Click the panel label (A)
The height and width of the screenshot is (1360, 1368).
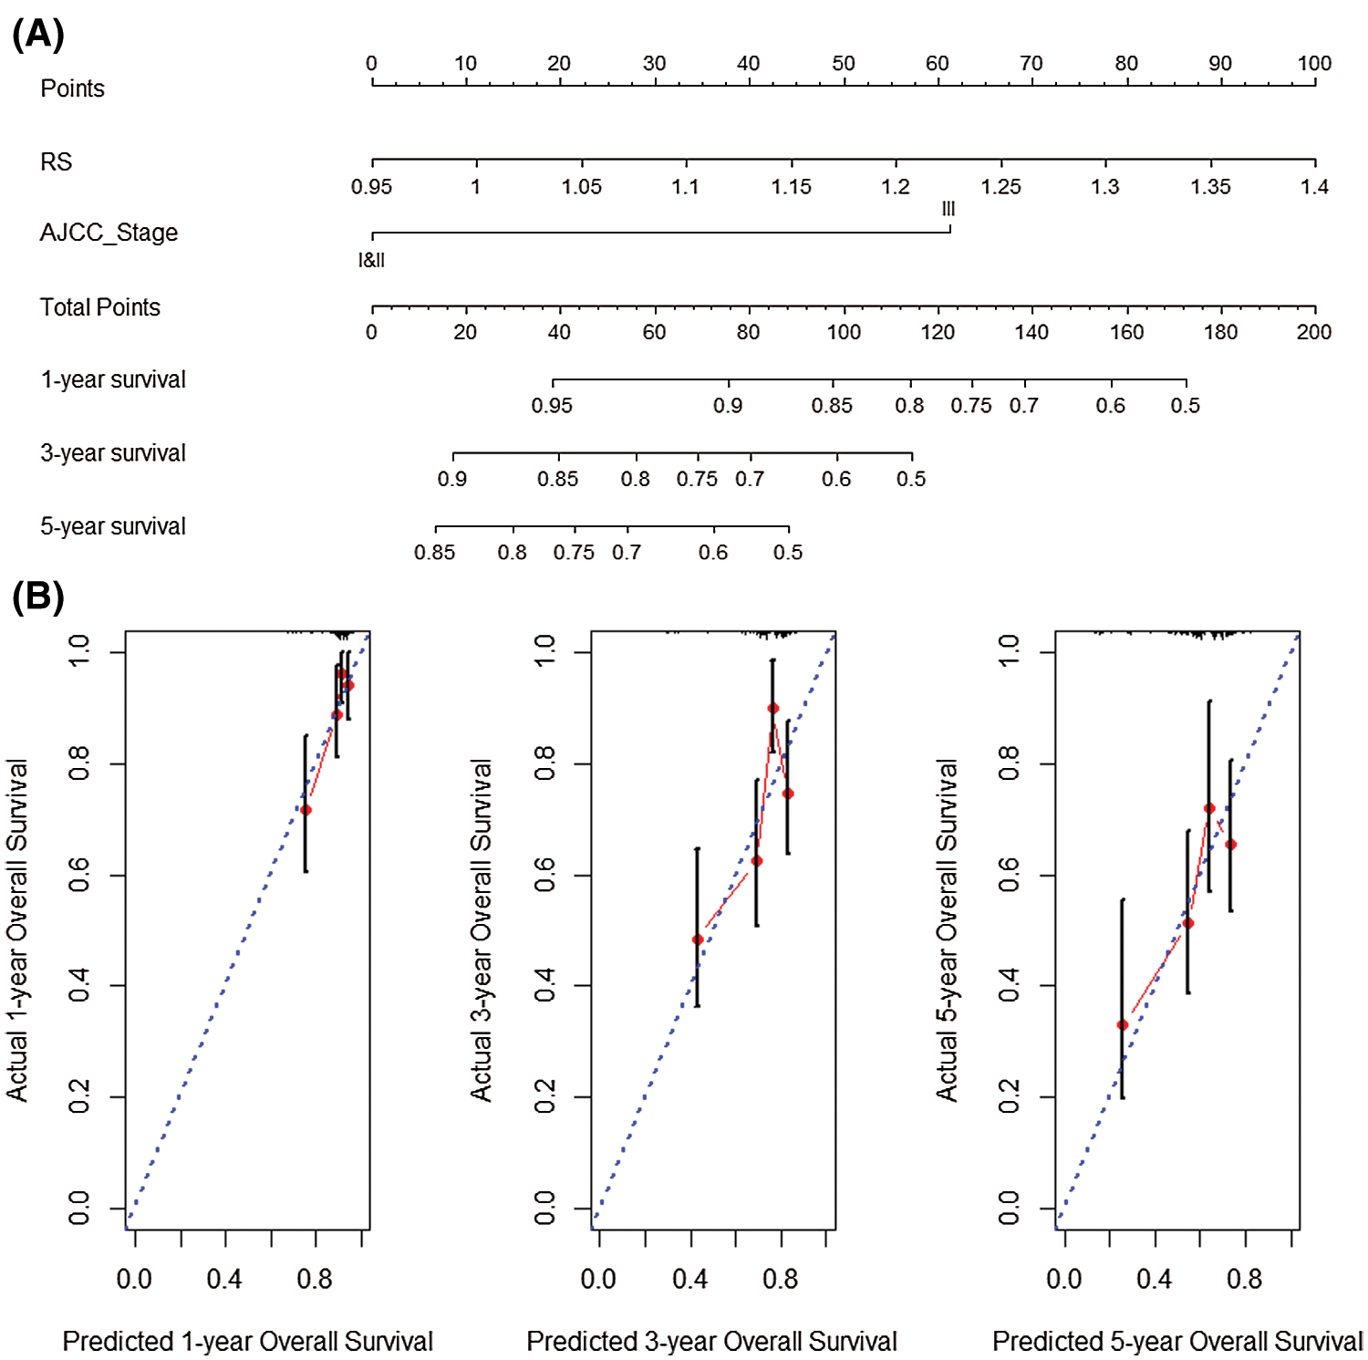(38, 35)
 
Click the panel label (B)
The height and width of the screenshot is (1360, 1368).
(38, 597)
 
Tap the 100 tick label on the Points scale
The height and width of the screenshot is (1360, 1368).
(1314, 63)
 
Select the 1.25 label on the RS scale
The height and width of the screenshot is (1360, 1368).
(1000, 187)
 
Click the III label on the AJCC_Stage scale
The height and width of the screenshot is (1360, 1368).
(948, 209)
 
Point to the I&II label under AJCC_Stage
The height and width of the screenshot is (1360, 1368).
(371, 261)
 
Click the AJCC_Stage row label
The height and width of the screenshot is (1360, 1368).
(109, 233)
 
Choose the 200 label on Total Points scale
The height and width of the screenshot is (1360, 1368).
(1313, 332)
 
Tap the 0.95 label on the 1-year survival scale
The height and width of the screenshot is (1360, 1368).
(552, 406)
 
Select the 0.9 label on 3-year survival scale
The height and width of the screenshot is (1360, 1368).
(452, 479)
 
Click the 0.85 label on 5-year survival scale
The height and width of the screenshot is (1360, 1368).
(434, 553)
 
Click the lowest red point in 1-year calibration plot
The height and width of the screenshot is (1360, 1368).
(306, 810)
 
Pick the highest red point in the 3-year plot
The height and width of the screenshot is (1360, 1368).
(773, 708)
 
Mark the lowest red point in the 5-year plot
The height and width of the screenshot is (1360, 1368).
(1123, 1025)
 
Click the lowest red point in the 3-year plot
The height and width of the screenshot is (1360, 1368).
(698, 940)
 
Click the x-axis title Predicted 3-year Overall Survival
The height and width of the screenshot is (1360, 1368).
(711, 1341)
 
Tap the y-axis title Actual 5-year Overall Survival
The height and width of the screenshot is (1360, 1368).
(948, 930)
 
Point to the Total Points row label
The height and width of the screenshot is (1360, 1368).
(100, 307)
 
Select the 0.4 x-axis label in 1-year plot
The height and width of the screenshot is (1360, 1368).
(224, 1279)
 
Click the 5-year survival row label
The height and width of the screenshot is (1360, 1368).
(113, 526)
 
